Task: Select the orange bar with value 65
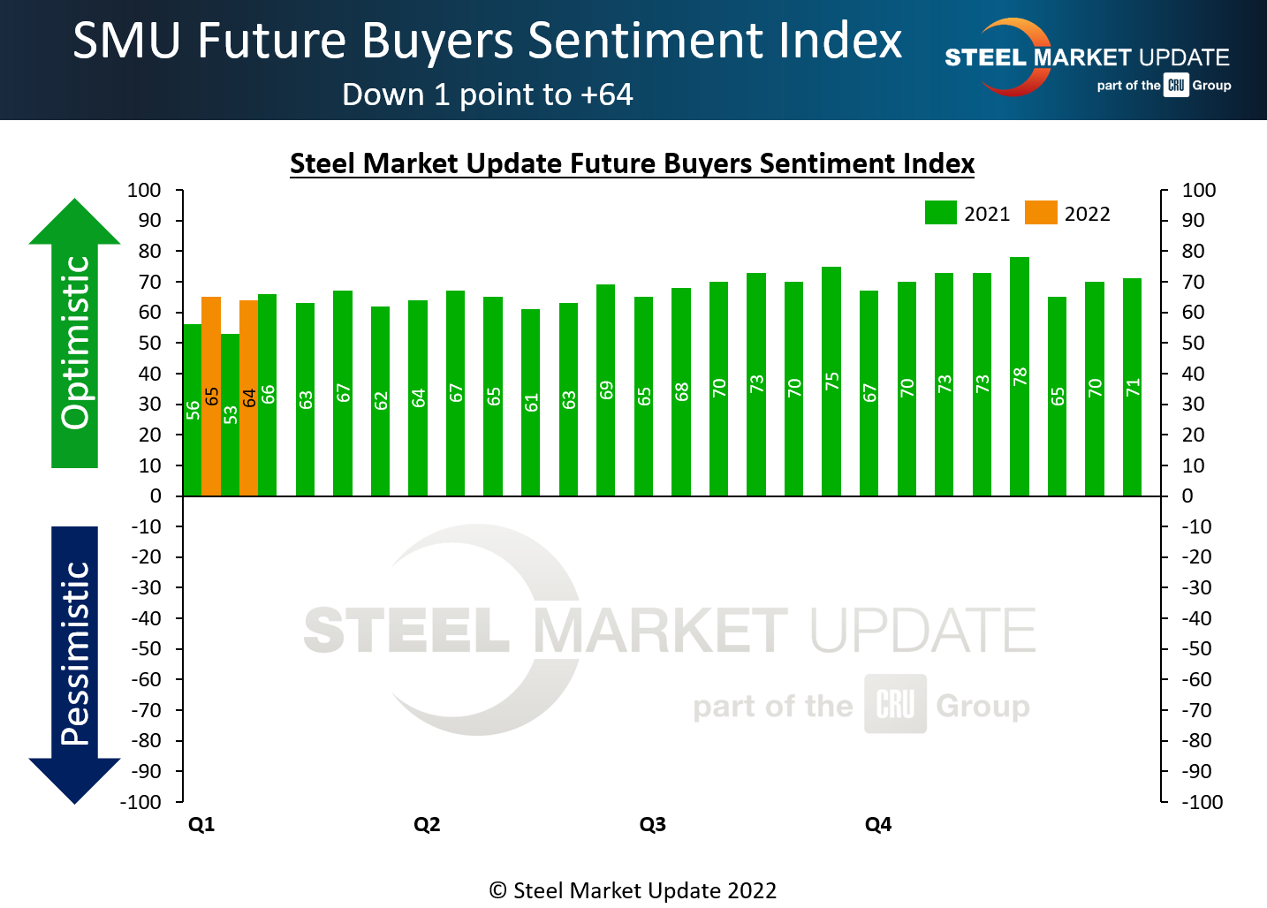tap(211, 397)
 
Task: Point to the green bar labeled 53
tap(231, 415)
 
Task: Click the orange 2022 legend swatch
tap(1041, 213)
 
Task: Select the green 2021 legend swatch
tap(941, 213)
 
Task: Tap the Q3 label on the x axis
tap(652, 824)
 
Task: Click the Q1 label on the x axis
tap(201, 824)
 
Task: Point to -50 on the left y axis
tap(147, 648)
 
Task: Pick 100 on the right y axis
tap(1199, 190)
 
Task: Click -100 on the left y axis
tap(141, 802)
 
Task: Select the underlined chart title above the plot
tap(633, 163)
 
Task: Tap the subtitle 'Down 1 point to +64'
tap(488, 95)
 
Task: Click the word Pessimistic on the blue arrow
tap(76, 654)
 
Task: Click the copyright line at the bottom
tap(633, 890)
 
